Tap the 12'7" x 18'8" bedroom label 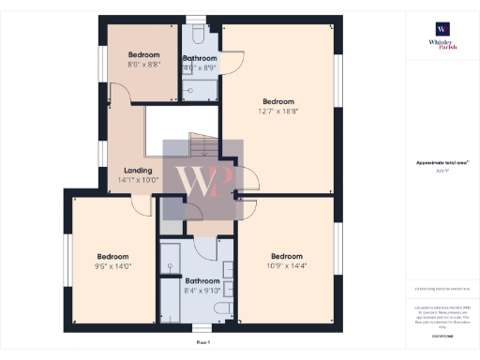coord(278,107)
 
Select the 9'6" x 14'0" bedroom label coord(112,262)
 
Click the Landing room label coord(138,175)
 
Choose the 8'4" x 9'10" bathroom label coord(202,286)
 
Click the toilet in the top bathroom coord(199,34)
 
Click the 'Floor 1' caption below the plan coord(203,344)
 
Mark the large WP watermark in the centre coord(203,180)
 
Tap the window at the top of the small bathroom coord(196,19)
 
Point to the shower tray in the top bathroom coord(199,90)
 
